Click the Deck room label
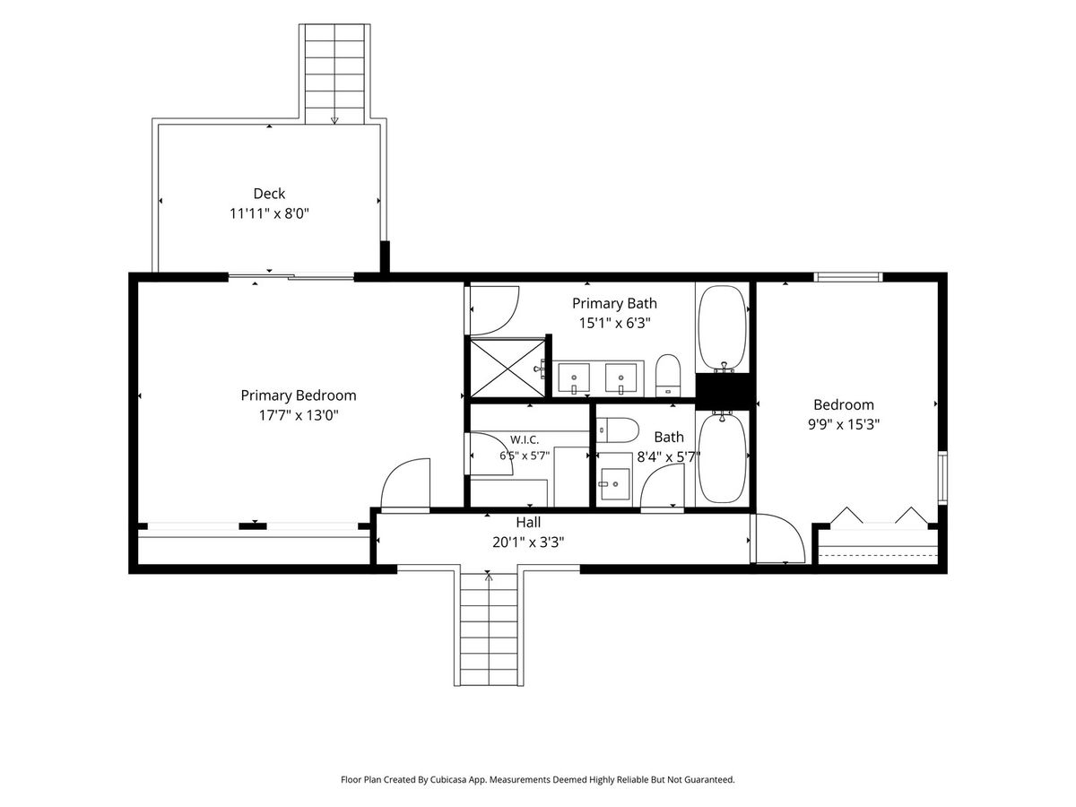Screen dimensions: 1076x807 tap(269, 194)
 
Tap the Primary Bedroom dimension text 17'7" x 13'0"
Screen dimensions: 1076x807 tap(299, 415)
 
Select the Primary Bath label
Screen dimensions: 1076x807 tap(614, 304)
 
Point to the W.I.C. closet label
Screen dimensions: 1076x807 tap(525, 439)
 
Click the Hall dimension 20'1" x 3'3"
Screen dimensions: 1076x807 tap(528, 542)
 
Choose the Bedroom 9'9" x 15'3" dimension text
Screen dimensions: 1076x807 tap(844, 424)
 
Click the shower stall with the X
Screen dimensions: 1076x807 tap(508, 368)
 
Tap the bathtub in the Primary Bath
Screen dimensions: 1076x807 tap(723, 327)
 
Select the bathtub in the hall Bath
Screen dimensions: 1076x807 tap(723, 458)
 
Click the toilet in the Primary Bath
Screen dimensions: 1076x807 tap(668, 376)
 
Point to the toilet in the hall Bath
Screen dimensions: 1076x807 tap(618, 430)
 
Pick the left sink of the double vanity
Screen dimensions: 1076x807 tap(574, 378)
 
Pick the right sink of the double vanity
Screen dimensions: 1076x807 tap(620, 378)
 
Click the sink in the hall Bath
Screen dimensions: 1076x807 tap(615, 483)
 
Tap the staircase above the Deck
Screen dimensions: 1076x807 tap(334, 74)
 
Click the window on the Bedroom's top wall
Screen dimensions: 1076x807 tap(848, 277)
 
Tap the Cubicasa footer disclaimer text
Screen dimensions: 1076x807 tap(538, 779)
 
